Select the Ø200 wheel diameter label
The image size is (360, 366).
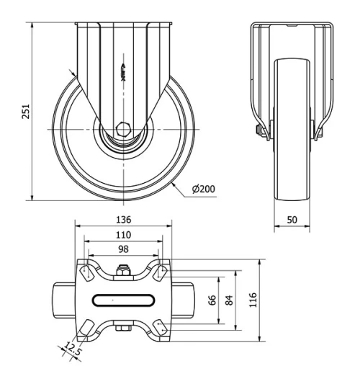coord(204,189)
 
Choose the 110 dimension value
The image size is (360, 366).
coord(124,235)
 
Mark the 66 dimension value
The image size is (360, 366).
coord(212,300)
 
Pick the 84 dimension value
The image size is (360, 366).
coord(230,300)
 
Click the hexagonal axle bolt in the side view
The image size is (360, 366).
coord(125,133)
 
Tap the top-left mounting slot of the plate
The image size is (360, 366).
coord(86,272)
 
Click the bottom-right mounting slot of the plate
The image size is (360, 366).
coord(161,329)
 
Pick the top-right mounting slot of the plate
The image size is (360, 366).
coord(161,272)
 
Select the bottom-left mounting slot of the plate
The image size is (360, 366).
coord(86,329)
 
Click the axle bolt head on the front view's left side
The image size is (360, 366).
coord(256,130)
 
